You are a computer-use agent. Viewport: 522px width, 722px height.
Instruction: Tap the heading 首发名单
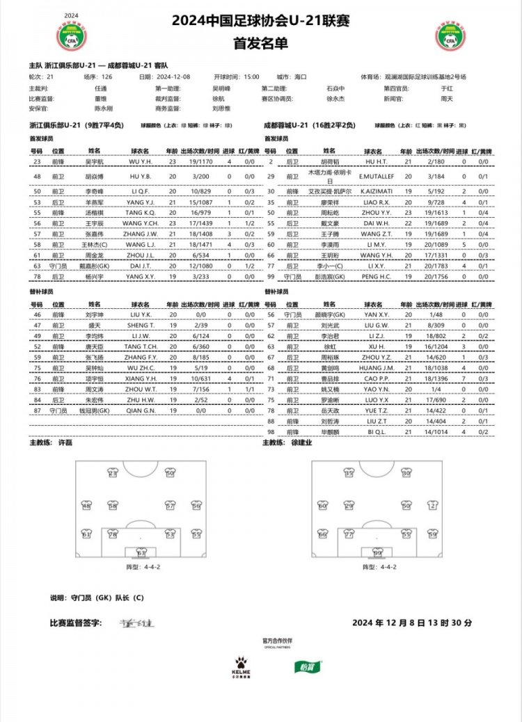(260, 43)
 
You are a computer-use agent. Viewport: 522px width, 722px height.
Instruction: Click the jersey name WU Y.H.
(141, 161)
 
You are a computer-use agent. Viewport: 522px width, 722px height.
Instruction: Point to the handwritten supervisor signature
(130, 623)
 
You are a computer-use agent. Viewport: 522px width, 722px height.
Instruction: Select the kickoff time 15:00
(251, 77)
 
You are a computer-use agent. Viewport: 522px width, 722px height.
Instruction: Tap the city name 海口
(300, 77)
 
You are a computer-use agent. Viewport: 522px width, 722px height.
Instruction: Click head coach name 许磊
(65, 442)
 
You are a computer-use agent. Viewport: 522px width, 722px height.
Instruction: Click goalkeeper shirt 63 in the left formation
(141, 554)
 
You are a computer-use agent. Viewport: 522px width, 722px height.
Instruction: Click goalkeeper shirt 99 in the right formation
(377, 554)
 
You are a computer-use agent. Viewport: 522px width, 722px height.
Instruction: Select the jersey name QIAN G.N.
(141, 411)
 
